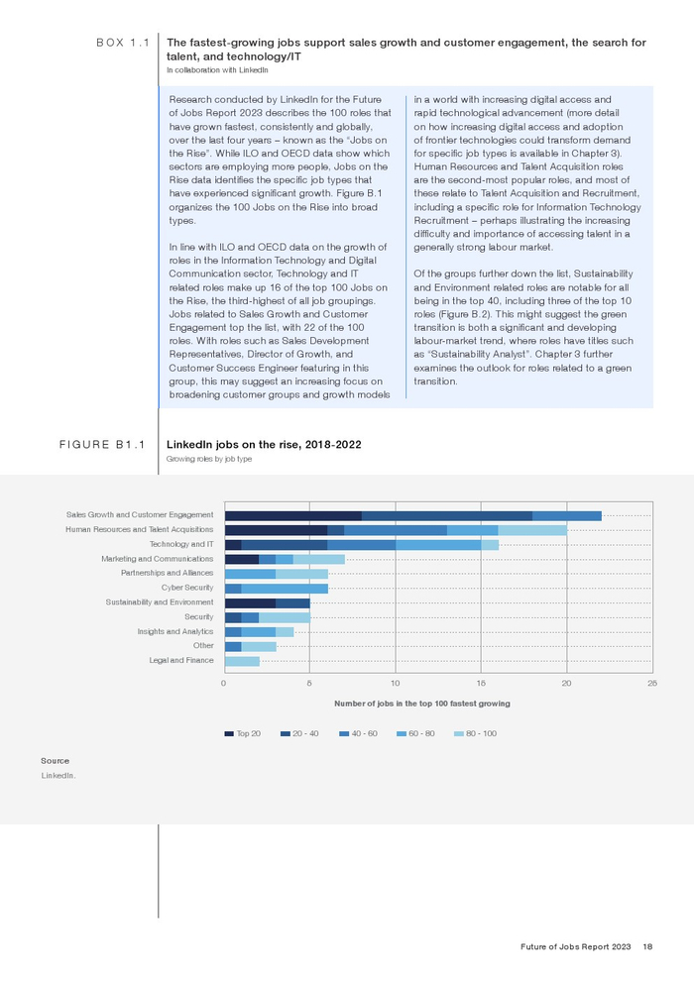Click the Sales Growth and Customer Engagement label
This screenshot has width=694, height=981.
click(x=140, y=515)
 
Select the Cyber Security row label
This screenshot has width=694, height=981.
click(x=187, y=588)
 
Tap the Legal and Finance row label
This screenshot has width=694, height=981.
click(x=181, y=660)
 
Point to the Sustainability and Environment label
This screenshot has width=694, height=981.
click(x=160, y=602)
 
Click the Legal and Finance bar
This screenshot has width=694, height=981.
click(x=242, y=661)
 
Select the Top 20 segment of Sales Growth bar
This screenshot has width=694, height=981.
click(x=293, y=515)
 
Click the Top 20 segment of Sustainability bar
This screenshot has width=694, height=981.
click(x=250, y=602)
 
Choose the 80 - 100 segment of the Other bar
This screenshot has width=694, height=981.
click(x=259, y=646)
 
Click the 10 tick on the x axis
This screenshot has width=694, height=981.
click(x=396, y=684)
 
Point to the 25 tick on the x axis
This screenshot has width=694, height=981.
click(x=651, y=684)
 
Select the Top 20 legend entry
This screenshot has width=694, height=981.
click(x=243, y=733)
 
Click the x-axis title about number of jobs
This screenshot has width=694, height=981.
click(x=422, y=704)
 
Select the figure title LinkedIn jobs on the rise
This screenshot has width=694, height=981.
click(x=264, y=445)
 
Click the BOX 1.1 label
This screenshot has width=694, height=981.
click(x=122, y=44)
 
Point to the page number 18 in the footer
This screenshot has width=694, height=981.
click(x=646, y=948)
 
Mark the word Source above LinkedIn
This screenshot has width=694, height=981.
click(x=55, y=760)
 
